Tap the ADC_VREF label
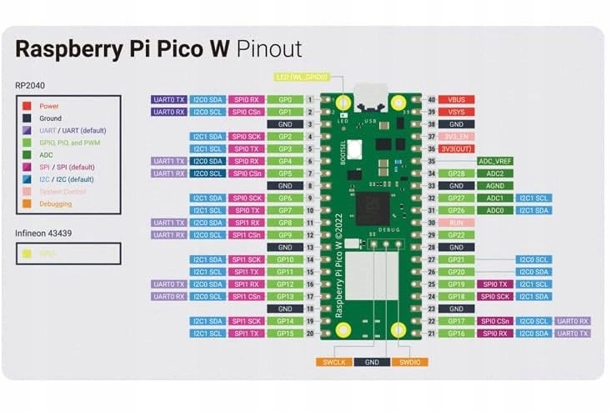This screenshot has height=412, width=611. tap(495, 161)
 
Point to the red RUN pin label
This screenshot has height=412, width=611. tap(456, 223)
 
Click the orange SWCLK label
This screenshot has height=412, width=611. tap(333, 362)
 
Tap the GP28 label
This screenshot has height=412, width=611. tap(456, 173)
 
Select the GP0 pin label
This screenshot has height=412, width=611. tap(285, 99)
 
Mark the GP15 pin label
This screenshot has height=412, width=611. tap(285, 334)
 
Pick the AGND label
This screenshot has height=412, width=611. tap(495, 186)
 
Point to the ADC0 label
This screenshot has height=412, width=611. tap(495, 210)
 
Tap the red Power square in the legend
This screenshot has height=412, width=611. tap(28, 106)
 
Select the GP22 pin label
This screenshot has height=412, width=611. tap(456, 235)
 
